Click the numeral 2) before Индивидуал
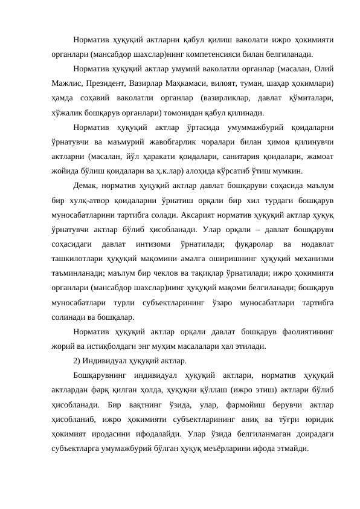pyautogui.click(x=77, y=361)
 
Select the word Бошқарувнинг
pyautogui.click(x=101, y=376)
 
